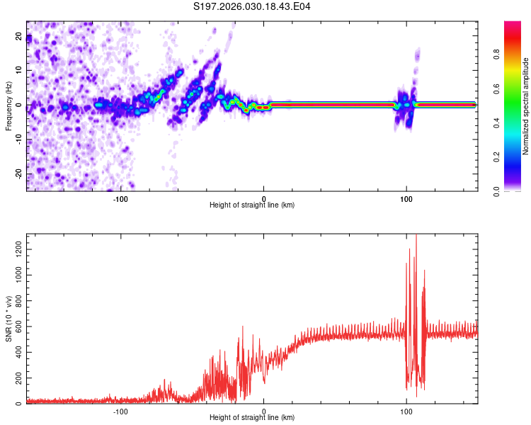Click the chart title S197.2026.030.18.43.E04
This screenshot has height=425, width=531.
click(252, 7)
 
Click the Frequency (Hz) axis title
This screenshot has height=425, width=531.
click(8, 106)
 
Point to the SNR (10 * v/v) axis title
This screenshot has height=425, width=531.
click(8, 319)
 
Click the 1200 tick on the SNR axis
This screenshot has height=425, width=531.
click(14, 250)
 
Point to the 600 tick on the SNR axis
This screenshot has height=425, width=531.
click(16, 327)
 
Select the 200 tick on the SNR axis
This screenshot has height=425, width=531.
click(16, 378)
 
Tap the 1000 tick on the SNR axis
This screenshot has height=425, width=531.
click(14, 276)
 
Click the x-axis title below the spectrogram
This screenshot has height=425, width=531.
click(252, 205)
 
